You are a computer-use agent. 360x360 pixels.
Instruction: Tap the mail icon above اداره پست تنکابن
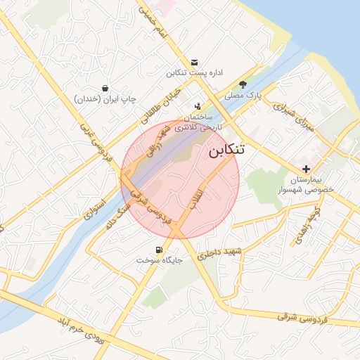click(x=195, y=62)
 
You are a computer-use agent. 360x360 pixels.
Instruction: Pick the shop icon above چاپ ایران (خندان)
click(x=105, y=89)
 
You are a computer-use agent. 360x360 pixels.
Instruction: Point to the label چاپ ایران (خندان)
click(x=105, y=100)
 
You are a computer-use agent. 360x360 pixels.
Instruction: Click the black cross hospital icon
click(x=307, y=169)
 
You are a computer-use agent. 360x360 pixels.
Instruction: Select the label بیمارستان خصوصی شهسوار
click(x=314, y=185)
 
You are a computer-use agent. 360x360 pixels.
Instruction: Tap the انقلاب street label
click(x=198, y=200)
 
